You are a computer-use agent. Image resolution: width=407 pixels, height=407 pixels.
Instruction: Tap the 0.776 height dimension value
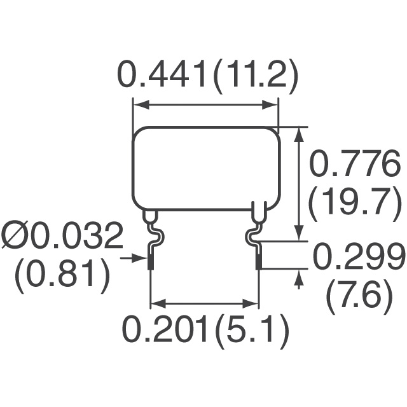354,163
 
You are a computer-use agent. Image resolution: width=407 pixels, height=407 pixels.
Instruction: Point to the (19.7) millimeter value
354,203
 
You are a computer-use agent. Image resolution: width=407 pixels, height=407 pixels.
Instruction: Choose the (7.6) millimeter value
360,297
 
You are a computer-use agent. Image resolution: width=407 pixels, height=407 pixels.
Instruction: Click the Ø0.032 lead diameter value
62,235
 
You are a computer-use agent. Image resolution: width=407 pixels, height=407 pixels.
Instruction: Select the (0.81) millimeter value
62,275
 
